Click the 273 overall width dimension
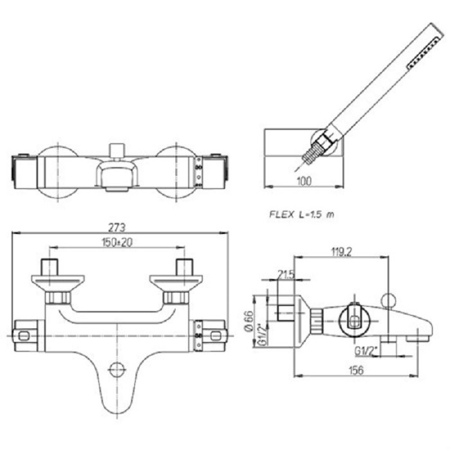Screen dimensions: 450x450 tap(117, 228)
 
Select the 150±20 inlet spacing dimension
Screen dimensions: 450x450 tap(117, 242)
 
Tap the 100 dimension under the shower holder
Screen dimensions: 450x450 tap(304, 181)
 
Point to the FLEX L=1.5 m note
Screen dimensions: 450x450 tap(301, 214)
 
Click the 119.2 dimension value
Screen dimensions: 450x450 tap(341, 252)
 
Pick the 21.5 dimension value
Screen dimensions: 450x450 tap(286, 274)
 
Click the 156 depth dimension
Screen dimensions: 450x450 tap(356, 370)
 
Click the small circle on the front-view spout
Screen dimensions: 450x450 tap(116, 370)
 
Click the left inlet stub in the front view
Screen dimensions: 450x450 tap(49, 267)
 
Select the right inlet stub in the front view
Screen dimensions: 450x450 tap(184, 267)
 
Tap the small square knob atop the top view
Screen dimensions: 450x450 tap(117, 150)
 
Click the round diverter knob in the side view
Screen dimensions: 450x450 tap(389, 300)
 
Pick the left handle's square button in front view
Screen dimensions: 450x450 tap(24, 335)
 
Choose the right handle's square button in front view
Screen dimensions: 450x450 tap(217, 335)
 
